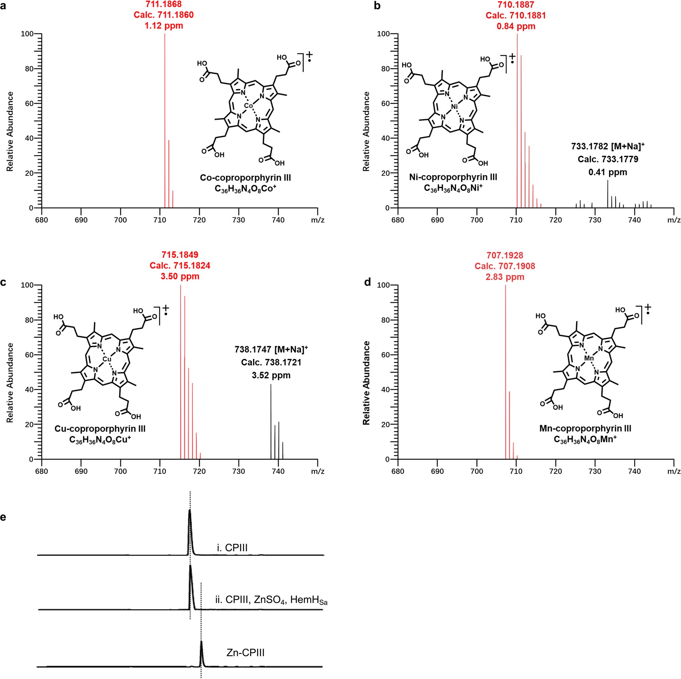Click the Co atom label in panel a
(249, 105)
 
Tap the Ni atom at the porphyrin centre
(454, 107)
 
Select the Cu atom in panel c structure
(107, 359)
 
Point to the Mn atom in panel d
(589, 358)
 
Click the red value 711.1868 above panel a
(164, 4)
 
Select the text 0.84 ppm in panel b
(516, 26)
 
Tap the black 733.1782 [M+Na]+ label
(608, 146)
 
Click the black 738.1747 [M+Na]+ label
(271, 349)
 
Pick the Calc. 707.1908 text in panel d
(505, 266)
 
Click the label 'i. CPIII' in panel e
(232, 548)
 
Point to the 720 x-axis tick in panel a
(199, 220)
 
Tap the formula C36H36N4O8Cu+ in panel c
(100, 439)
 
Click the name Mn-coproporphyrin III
(585, 428)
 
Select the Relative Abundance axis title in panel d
(366, 383)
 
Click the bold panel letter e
(3, 517)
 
